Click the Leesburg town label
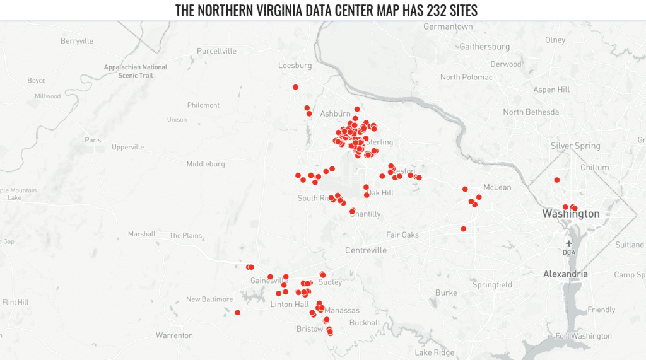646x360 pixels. click(x=295, y=65)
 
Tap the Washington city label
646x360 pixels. click(x=571, y=214)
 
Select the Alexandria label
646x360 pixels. click(x=565, y=274)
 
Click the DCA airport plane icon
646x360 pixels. click(x=569, y=243)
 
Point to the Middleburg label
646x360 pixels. click(x=206, y=164)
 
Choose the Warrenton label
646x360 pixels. click(x=174, y=335)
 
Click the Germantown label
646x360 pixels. click(x=448, y=26)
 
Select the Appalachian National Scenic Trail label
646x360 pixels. click(x=136, y=71)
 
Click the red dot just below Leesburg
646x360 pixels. click(x=295, y=87)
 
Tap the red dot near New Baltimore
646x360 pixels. click(x=237, y=313)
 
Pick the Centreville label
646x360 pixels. click(x=366, y=250)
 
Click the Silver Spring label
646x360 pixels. click(x=575, y=146)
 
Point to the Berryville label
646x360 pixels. click(x=77, y=41)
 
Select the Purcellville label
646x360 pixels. click(x=216, y=50)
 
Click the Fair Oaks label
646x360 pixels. click(x=402, y=235)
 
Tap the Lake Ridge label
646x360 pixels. click(x=435, y=352)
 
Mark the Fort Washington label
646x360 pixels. click(x=584, y=336)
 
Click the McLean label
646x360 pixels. click(x=497, y=187)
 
